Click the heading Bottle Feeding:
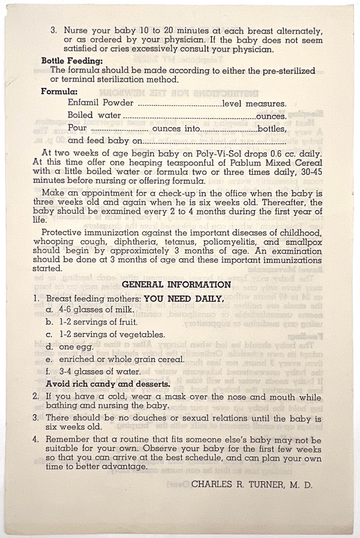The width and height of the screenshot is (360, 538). coord(72,61)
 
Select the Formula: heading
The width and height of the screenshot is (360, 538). coord(59,91)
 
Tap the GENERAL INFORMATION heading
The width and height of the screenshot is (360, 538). coord(176,285)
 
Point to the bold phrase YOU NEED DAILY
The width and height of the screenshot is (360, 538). coord(184,299)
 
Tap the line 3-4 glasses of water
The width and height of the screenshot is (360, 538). coord(100,372)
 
